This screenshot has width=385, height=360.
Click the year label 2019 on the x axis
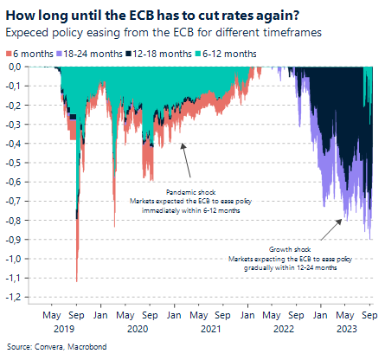click(x=66, y=328)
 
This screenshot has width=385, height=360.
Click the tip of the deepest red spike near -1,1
click(x=78, y=281)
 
